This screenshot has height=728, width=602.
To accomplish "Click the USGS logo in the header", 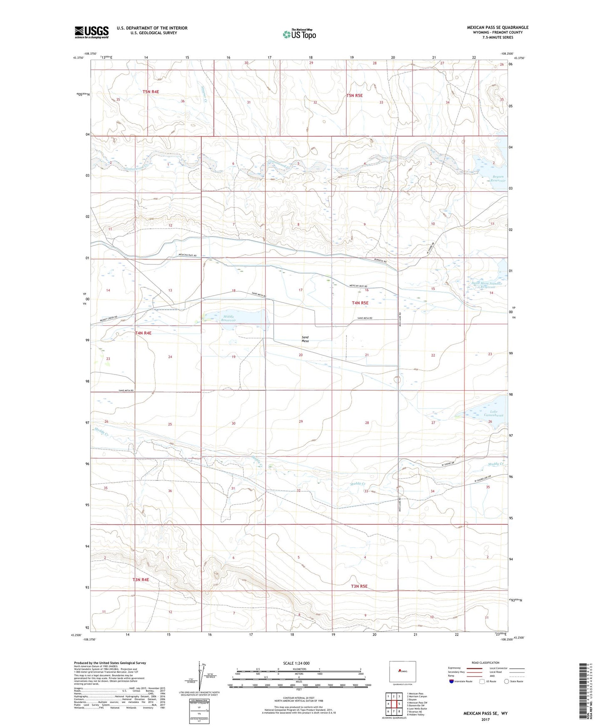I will click(x=92, y=32).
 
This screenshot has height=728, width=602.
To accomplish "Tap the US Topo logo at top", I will click(x=299, y=34).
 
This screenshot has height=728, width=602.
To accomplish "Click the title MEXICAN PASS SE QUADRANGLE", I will click(x=497, y=28).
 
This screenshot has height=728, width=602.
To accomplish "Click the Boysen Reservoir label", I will click(x=497, y=178).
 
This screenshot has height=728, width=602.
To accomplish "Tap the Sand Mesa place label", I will click(x=305, y=339).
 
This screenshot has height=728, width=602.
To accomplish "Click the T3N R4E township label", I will click(x=141, y=580).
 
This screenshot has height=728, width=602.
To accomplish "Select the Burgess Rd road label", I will click(x=379, y=261).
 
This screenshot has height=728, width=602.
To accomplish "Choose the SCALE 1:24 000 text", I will click(x=295, y=663).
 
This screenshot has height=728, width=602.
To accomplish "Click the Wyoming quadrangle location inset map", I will click(x=402, y=671).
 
